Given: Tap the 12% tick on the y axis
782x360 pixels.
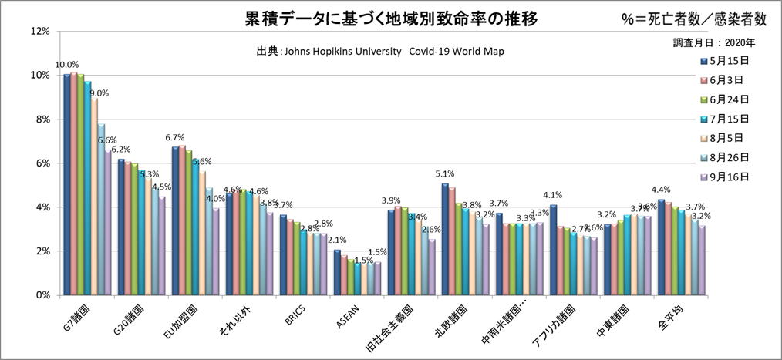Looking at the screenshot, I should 39,32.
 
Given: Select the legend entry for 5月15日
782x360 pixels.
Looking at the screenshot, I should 720,60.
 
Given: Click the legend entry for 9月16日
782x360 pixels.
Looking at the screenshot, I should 720,177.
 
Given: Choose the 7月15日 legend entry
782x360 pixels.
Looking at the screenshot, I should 720,119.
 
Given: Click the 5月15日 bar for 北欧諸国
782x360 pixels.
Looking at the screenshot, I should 445,239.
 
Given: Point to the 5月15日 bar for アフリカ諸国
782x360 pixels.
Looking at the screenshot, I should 553,250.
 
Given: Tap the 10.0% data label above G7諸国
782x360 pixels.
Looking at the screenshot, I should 66,65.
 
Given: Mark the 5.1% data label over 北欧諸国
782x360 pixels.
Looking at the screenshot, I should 445,173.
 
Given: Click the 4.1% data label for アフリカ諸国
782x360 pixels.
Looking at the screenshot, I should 553,195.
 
